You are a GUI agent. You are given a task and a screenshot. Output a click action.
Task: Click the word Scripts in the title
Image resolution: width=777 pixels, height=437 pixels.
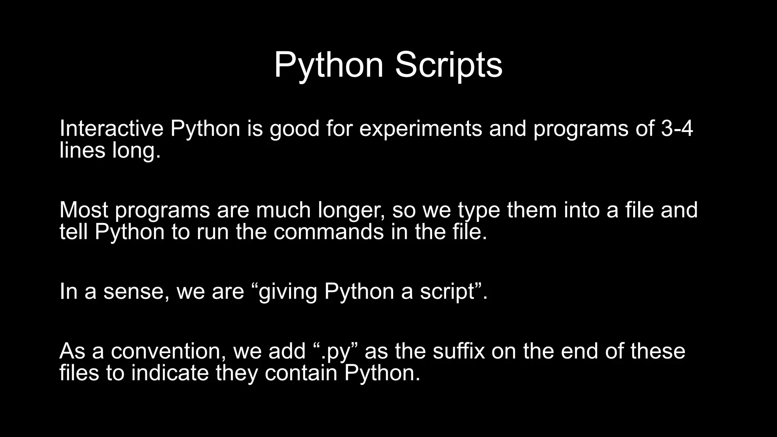(x=448, y=65)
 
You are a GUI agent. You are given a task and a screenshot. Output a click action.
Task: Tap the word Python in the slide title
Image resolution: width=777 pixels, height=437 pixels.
(x=329, y=65)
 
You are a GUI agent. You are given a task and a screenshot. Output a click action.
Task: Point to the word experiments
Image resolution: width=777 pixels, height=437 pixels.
(x=420, y=129)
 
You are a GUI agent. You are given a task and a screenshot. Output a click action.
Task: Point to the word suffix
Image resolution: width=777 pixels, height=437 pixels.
(x=459, y=351)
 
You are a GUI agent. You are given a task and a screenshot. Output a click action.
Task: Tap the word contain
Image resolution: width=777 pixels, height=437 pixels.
(x=301, y=373)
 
